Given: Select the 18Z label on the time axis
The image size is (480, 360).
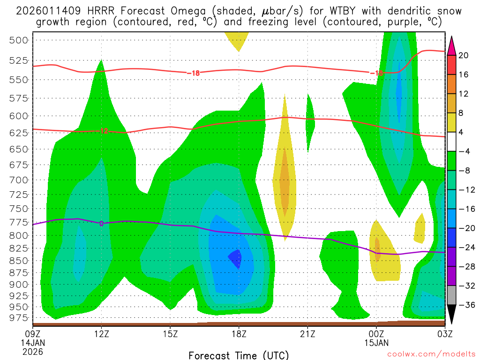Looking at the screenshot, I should coord(239,335).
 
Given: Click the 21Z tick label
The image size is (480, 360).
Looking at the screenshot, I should coord(307,335).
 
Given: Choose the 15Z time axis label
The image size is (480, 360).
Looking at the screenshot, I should coord(170,335).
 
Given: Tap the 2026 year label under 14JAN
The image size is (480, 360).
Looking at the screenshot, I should coord(32,351).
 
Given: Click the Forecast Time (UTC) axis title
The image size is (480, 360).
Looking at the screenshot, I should coord(239,355).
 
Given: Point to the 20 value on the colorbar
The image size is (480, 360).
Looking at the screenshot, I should coord(464,55).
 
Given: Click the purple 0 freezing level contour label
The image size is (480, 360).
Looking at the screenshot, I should coord(101,223).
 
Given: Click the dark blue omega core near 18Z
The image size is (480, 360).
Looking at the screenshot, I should coord(235,257).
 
